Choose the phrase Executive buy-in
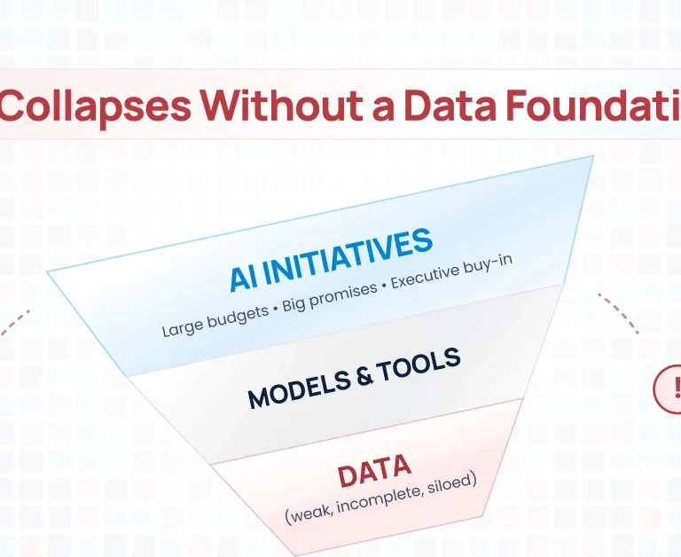(452, 268)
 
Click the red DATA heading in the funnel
(373, 472)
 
